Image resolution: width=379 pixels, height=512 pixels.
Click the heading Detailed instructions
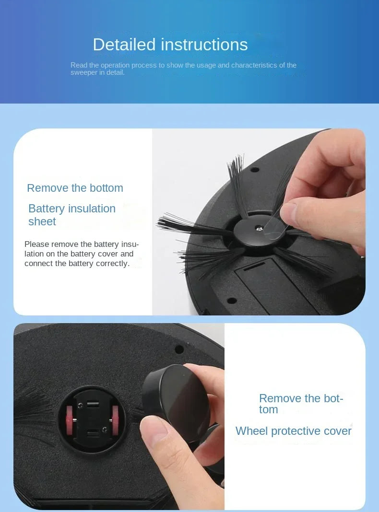click(170, 45)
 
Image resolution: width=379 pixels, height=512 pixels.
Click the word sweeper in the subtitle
click(84, 72)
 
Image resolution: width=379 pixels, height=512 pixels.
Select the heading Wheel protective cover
click(293, 431)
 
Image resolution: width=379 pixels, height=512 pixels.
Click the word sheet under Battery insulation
click(42, 221)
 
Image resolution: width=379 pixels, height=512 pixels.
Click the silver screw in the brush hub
click(259, 230)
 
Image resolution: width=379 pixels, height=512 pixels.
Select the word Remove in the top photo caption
click(44, 188)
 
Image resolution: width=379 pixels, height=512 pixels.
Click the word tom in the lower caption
click(268, 409)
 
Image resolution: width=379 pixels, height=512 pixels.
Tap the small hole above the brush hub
click(255, 169)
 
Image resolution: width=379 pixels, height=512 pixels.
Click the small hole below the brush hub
click(232, 300)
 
